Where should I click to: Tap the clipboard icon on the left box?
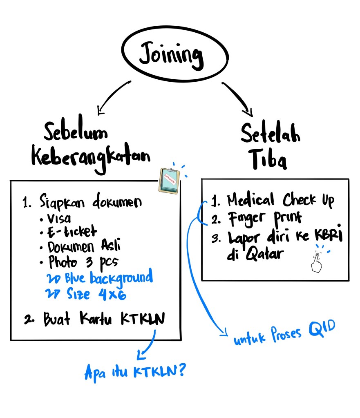170,180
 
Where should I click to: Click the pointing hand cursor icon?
316,262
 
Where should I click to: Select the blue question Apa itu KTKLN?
135,370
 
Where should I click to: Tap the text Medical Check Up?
280,200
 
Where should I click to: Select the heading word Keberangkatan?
91,157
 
